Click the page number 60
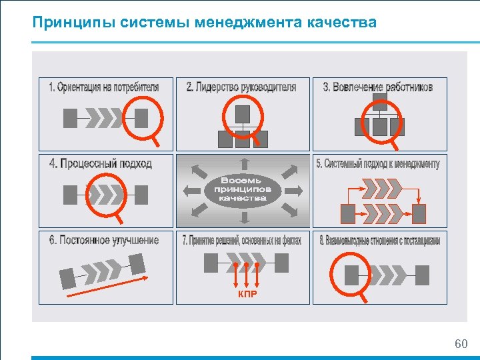pos(461,344)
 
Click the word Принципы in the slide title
pos(74,23)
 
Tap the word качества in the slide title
pos(341,23)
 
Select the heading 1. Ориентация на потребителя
pos(104,87)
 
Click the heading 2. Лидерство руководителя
pos(241,87)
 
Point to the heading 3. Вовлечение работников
pos(378,87)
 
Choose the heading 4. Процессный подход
pos(101,163)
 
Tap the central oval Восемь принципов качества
pos(243,189)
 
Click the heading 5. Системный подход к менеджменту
pos(378,164)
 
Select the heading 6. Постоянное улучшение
pos(103,240)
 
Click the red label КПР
pos(247,293)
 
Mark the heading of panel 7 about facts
pos(242,241)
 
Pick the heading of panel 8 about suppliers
pos(379,241)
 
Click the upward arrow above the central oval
pos(243,163)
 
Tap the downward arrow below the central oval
pos(243,217)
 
